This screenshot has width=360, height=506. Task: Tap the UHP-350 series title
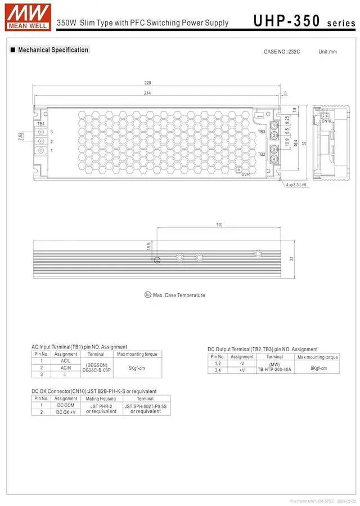pyautogui.click(x=304, y=21)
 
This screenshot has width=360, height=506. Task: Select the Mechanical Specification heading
pyautogui.click(x=53, y=50)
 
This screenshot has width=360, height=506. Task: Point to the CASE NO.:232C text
pyautogui.click(x=282, y=52)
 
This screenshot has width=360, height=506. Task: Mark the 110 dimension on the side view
pyautogui.click(x=219, y=225)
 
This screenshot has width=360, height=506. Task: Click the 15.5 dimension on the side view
pyautogui.click(x=148, y=246)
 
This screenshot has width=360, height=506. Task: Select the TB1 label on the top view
pyautogui.click(x=40, y=123)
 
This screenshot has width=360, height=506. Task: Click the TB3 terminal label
pyautogui.click(x=261, y=132)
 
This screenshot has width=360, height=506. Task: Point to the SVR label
pyautogui.click(x=245, y=174)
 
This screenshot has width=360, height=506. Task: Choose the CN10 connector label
pyautogui.click(x=326, y=120)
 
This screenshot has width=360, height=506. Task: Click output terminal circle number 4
pyautogui.click(x=274, y=159)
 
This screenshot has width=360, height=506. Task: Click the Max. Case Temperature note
pyautogui.click(x=179, y=295)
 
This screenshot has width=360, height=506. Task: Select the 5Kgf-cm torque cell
pyautogui.click(x=137, y=368)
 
